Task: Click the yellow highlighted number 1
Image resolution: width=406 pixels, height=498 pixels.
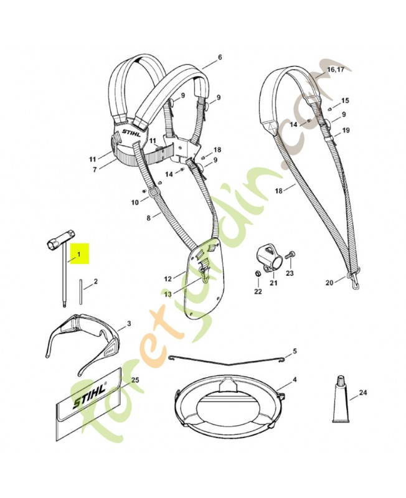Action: tap(79, 255)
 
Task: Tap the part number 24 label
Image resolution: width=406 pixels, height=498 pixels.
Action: tap(364, 393)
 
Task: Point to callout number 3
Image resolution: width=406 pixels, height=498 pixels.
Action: tap(128, 323)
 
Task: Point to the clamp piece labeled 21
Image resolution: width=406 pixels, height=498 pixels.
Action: tap(267, 259)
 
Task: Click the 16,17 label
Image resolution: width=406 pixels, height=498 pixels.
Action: tap(335, 70)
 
